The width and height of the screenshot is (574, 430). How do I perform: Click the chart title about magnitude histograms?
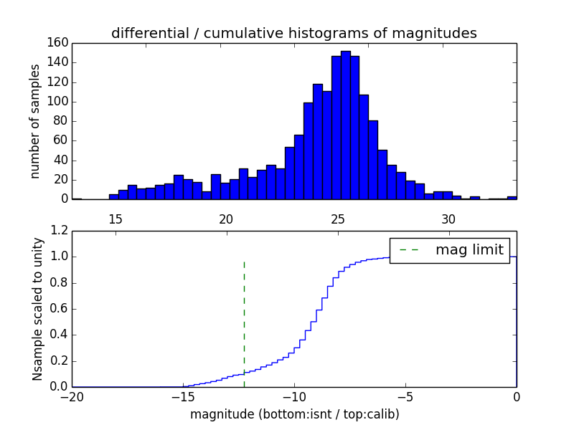(293, 33)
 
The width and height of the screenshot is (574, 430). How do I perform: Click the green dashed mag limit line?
(244, 315)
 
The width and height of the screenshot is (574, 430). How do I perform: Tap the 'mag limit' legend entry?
(450, 250)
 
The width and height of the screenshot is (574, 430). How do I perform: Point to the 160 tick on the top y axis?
(57, 43)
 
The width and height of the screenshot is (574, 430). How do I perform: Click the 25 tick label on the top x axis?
(337, 219)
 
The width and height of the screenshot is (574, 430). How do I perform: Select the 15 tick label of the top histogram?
(115, 219)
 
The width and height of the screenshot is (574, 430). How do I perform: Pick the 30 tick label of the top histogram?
(448, 219)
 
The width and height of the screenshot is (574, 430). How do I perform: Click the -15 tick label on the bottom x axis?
(183, 397)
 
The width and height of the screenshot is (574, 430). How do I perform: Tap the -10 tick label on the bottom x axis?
(294, 397)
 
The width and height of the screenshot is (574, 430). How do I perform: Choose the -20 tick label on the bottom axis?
(72, 397)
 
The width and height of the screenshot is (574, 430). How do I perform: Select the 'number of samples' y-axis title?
(35, 120)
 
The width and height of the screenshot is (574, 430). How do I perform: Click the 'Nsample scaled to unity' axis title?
(37, 308)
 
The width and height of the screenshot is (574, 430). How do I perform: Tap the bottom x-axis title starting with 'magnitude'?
(294, 414)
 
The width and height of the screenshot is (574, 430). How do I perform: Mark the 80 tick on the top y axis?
(60, 121)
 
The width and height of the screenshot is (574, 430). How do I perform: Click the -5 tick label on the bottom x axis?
(405, 397)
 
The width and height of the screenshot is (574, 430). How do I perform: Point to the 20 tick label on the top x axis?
(226, 219)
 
